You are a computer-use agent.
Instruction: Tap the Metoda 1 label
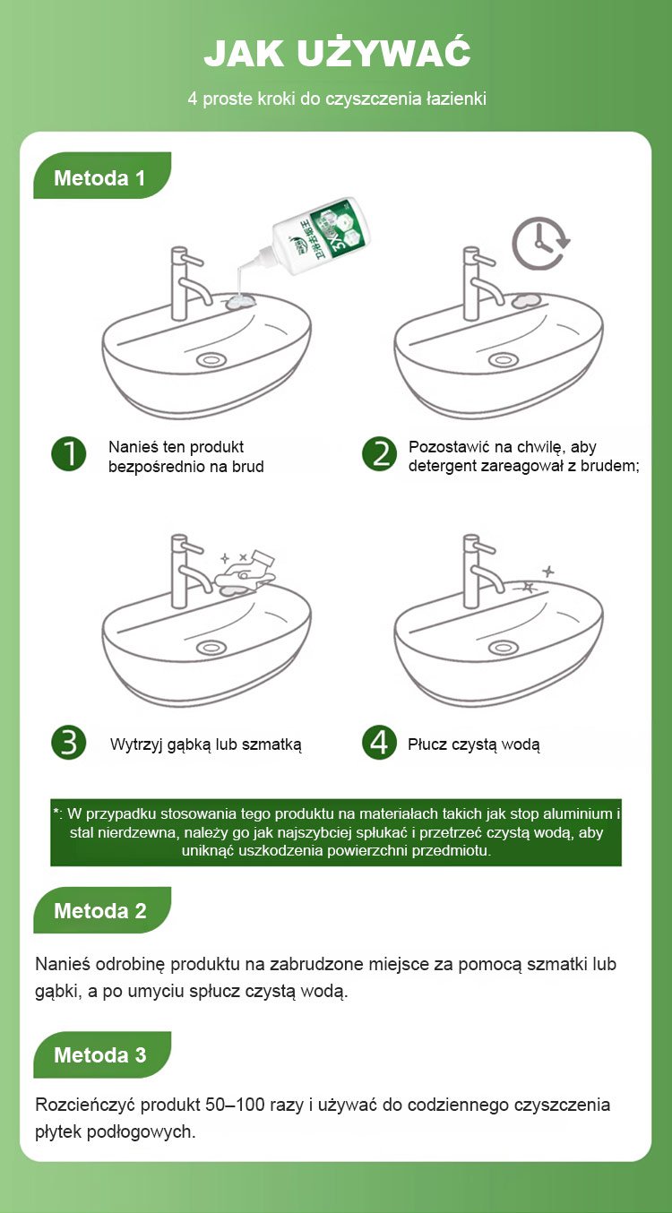click(x=100, y=178)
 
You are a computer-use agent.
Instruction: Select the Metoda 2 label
click(x=100, y=911)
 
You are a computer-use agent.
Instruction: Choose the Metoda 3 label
click(x=100, y=1054)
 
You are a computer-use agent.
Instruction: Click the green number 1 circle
click(x=69, y=454)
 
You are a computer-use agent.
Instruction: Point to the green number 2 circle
click(x=380, y=454)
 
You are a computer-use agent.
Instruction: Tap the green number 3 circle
click(x=69, y=743)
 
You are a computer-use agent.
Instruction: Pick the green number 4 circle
click(x=380, y=743)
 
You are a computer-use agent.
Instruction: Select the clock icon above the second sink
click(x=540, y=244)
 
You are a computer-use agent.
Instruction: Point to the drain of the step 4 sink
click(x=503, y=647)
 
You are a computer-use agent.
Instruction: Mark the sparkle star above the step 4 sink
click(x=548, y=572)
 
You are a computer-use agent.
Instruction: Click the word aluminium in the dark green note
click(x=578, y=814)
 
